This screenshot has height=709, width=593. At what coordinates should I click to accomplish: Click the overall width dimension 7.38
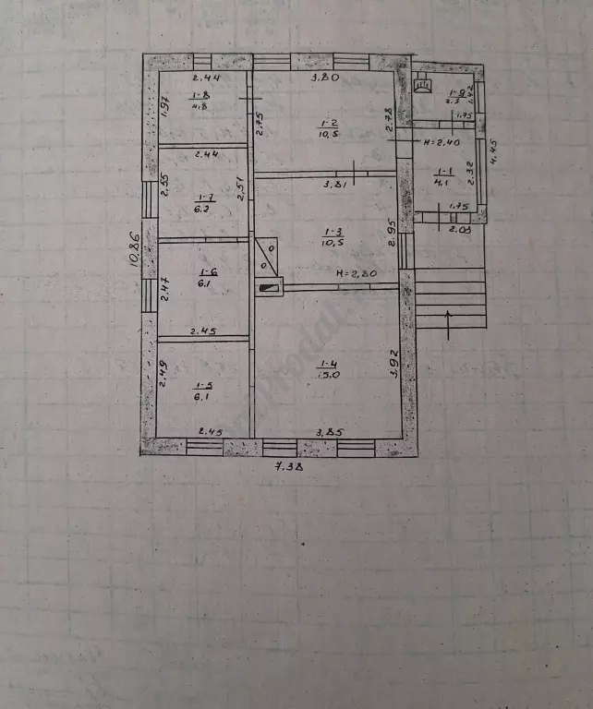pos(293,467)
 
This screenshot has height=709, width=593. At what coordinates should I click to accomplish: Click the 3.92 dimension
pos(394,366)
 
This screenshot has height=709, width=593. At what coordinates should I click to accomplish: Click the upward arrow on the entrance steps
pos(449,324)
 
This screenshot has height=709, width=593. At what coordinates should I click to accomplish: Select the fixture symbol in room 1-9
pos(424,85)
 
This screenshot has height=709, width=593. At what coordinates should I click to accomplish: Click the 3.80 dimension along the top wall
pos(324,78)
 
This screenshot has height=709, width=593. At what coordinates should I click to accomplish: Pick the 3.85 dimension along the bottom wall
pos(330,431)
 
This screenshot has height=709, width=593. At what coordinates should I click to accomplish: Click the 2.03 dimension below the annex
pos(459,228)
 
